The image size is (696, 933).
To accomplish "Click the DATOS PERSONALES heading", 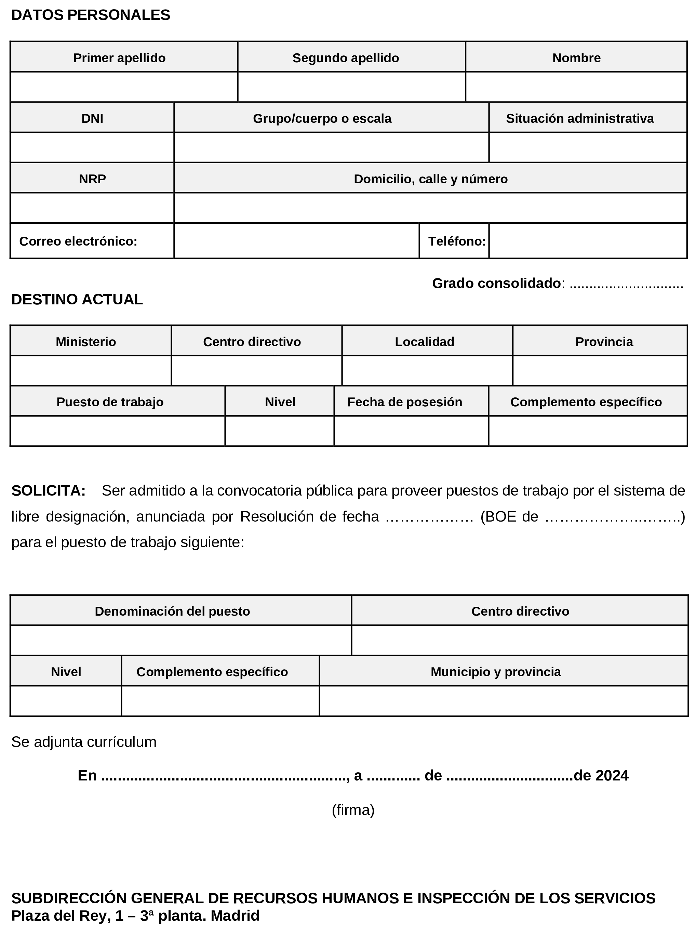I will [91, 15].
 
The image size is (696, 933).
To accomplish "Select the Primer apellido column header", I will [119, 58].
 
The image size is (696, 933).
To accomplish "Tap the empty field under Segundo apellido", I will [351, 87].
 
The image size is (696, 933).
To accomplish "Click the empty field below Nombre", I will [576, 87].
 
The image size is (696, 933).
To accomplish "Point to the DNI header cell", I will [92, 118].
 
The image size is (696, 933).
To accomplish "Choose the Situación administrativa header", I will [580, 118].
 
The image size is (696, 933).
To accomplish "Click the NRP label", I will [92, 179].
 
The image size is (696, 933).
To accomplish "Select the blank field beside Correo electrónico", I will [297, 241].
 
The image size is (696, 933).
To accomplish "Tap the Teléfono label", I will [457, 241].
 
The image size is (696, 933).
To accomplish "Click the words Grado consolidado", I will [496, 283].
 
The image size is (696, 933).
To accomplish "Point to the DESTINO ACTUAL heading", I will [77, 299].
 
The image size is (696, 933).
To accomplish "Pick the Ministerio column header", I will [86, 341].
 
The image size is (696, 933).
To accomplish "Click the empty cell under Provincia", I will [600, 371].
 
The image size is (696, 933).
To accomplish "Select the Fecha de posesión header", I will [404, 402].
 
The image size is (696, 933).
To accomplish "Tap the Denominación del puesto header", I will [172, 611].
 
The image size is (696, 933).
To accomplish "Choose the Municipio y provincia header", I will [495, 672].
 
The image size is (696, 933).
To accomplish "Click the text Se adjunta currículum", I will [84, 742].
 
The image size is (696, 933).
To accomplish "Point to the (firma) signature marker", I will [353, 810].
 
